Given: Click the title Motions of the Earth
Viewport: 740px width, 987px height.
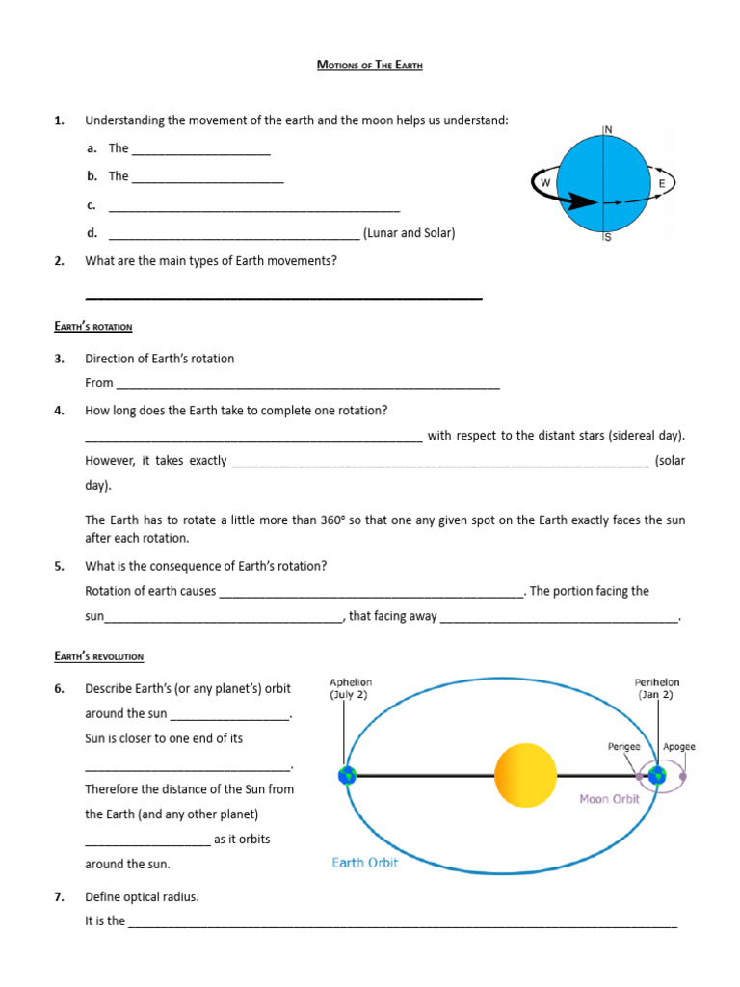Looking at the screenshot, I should point(370,65).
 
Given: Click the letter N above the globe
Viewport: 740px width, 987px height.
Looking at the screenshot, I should point(608,129).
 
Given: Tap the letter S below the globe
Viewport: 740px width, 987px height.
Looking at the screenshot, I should point(607,238).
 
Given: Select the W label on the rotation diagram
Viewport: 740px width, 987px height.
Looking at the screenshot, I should point(545,182).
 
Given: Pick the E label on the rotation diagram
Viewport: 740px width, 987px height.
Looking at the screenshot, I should point(661,183).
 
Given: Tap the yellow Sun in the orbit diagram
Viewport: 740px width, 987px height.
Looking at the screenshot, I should point(525,775).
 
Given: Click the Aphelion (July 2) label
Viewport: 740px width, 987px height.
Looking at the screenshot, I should point(350,688).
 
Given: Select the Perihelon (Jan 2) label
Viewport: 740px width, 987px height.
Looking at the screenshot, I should point(661,688).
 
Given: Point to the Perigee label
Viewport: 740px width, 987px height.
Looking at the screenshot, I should point(624,746).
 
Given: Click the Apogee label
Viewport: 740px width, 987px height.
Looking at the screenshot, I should point(678,746).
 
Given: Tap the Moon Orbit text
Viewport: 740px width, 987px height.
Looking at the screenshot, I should point(609,799).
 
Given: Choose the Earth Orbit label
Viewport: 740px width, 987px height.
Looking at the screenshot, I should point(365,863).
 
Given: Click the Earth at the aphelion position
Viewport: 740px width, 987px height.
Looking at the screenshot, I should point(346,775).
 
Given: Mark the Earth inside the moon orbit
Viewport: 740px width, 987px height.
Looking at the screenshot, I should point(658,775).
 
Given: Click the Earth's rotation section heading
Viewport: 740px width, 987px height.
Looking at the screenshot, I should point(93,327).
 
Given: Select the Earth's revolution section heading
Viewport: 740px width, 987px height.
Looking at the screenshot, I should point(99,656).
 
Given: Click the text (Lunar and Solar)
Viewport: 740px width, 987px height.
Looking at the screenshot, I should point(409,233).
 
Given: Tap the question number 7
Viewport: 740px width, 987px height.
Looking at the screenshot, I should point(59,896).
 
